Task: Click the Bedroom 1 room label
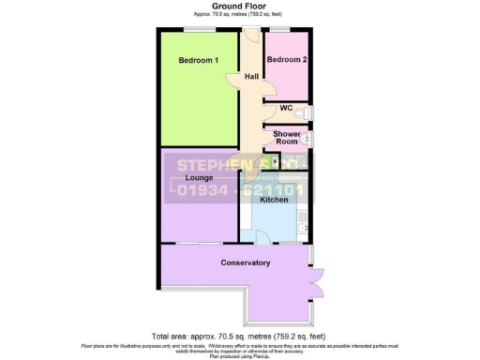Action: point(198,62)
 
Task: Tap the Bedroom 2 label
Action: point(286,60)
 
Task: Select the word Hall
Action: point(251,77)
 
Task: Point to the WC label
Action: point(286,109)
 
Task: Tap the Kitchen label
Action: point(274,200)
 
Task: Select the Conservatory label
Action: point(245,262)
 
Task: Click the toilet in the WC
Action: point(310,112)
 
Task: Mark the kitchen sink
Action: point(302,224)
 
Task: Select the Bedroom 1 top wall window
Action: point(198,30)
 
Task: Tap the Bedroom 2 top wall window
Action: point(285,30)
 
